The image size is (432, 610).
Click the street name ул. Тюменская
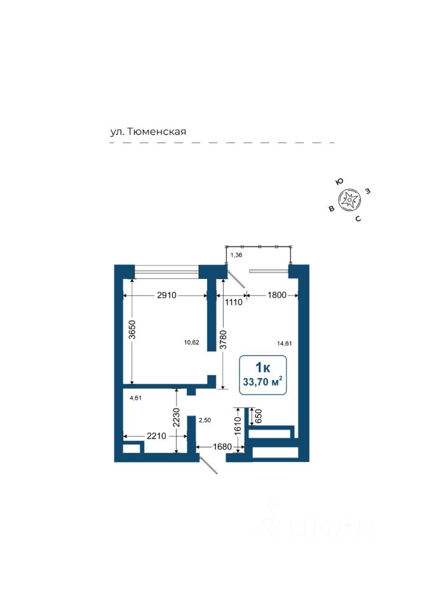coord(147,132)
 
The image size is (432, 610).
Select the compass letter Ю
coord(339,182)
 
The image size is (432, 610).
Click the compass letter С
coord(358,219)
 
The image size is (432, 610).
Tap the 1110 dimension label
coord(233,302)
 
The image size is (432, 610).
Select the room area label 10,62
coord(191,342)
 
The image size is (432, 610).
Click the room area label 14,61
coord(284,343)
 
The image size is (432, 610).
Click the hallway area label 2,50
coord(204,420)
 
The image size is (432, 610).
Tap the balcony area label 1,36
coord(236,254)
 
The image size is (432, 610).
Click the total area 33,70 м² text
coord(262,382)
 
